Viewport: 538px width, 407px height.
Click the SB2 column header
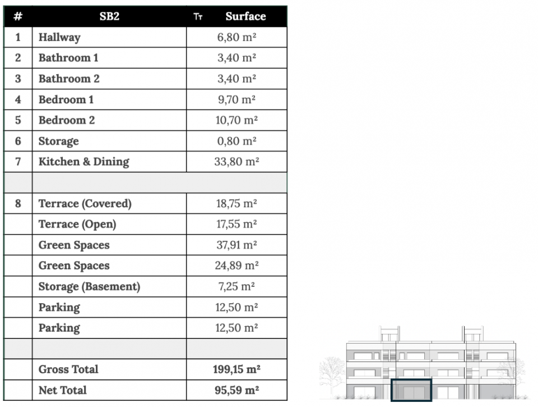(109, 16)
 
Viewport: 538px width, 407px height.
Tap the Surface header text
(245, 16)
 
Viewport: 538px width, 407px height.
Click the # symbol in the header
(18, 16)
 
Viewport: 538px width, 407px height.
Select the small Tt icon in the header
(198, 16)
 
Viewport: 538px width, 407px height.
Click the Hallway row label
(59, 37)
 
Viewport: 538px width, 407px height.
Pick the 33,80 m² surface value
(236, 162)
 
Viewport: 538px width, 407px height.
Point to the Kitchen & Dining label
(84, 162)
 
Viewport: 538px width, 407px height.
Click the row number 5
(18, 120)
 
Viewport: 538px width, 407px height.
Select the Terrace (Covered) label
(85, 203)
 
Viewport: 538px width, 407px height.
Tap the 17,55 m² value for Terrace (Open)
(236, 224)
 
